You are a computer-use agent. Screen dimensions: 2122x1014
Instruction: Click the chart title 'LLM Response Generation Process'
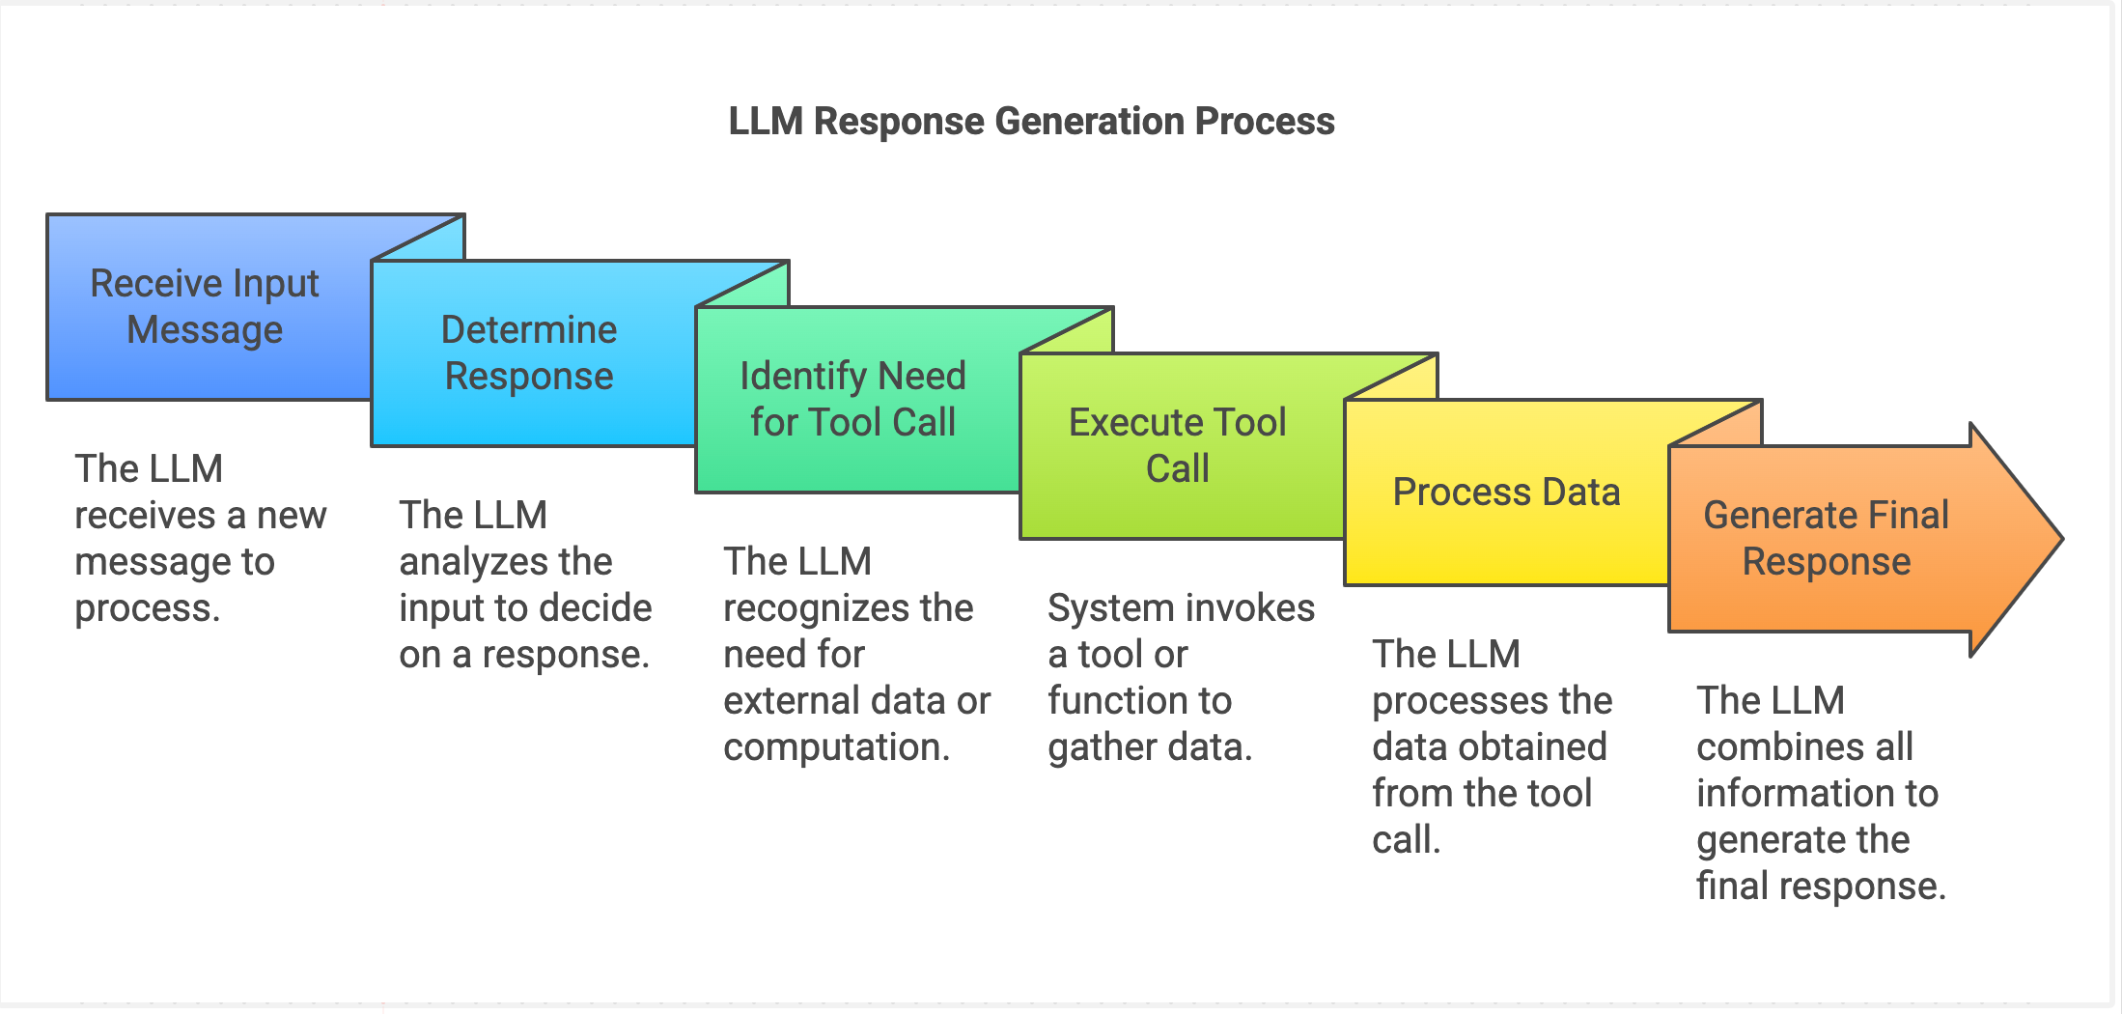1031,122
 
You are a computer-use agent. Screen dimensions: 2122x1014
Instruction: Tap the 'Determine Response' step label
529,352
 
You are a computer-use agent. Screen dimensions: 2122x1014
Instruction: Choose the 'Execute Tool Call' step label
1177,445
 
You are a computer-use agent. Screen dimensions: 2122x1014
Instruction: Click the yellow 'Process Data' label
1506,493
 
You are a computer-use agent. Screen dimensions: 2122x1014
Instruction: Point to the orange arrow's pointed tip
2062,539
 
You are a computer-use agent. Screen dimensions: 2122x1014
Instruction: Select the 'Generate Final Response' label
1827,538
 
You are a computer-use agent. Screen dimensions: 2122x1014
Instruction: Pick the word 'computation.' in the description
837,747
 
